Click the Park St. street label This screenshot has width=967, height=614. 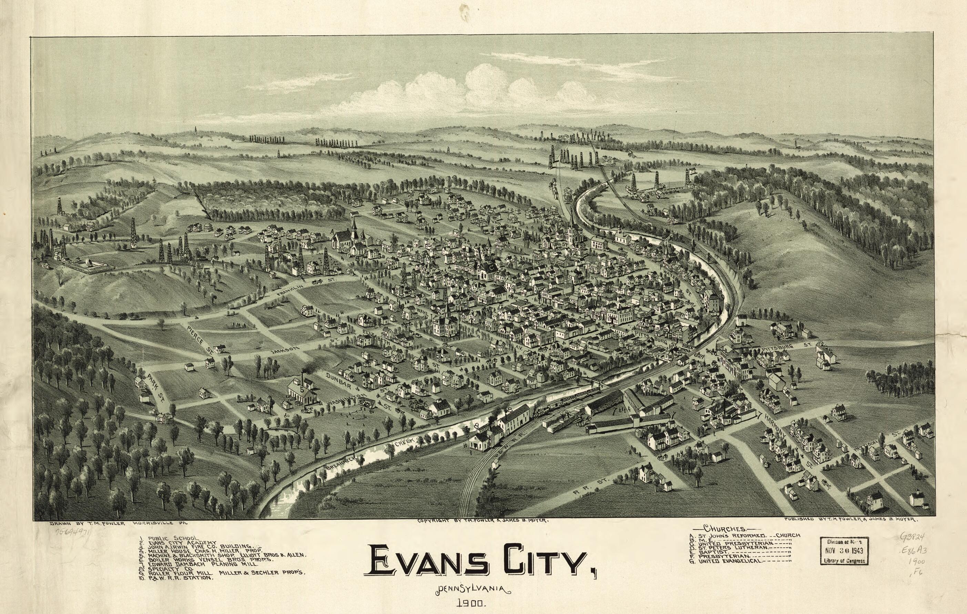155,388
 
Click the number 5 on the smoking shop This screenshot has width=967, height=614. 302,389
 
